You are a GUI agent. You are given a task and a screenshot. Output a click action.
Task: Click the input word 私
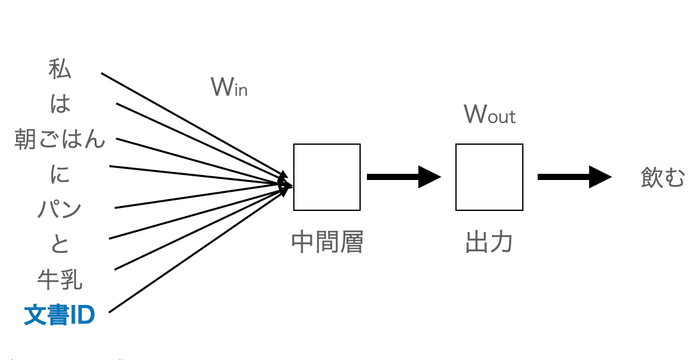click(x=60, y=69)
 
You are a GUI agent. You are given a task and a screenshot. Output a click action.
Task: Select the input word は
click(x=60, y=104)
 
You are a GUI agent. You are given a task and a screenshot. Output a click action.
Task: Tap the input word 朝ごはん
click(x=60, y=140)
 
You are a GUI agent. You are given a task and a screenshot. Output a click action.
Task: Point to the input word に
click(x=60, y=175)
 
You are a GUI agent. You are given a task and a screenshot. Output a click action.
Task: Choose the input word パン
click(x=60, y=210)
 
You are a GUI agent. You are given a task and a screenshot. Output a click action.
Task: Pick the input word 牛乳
click(x=60, y=280)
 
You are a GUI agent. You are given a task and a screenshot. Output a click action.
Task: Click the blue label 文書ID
click(x=59, y=315)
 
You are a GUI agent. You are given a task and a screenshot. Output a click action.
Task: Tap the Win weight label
click(x=229, y=88)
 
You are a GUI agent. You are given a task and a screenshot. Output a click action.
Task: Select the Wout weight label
click(x=489, y=114)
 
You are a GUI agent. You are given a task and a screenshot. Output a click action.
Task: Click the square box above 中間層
click(x=327, y=177)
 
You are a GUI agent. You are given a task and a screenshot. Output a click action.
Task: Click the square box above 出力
click(x=489, y=177)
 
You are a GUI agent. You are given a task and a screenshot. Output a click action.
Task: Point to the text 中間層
click(x=327, y=242)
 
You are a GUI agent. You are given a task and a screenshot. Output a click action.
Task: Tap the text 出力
click(x=489, y=242)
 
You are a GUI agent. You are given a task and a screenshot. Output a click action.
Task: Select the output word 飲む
click(x=663, y=178)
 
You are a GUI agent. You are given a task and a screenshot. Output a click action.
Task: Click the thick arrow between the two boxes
click(x=402, y=177)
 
